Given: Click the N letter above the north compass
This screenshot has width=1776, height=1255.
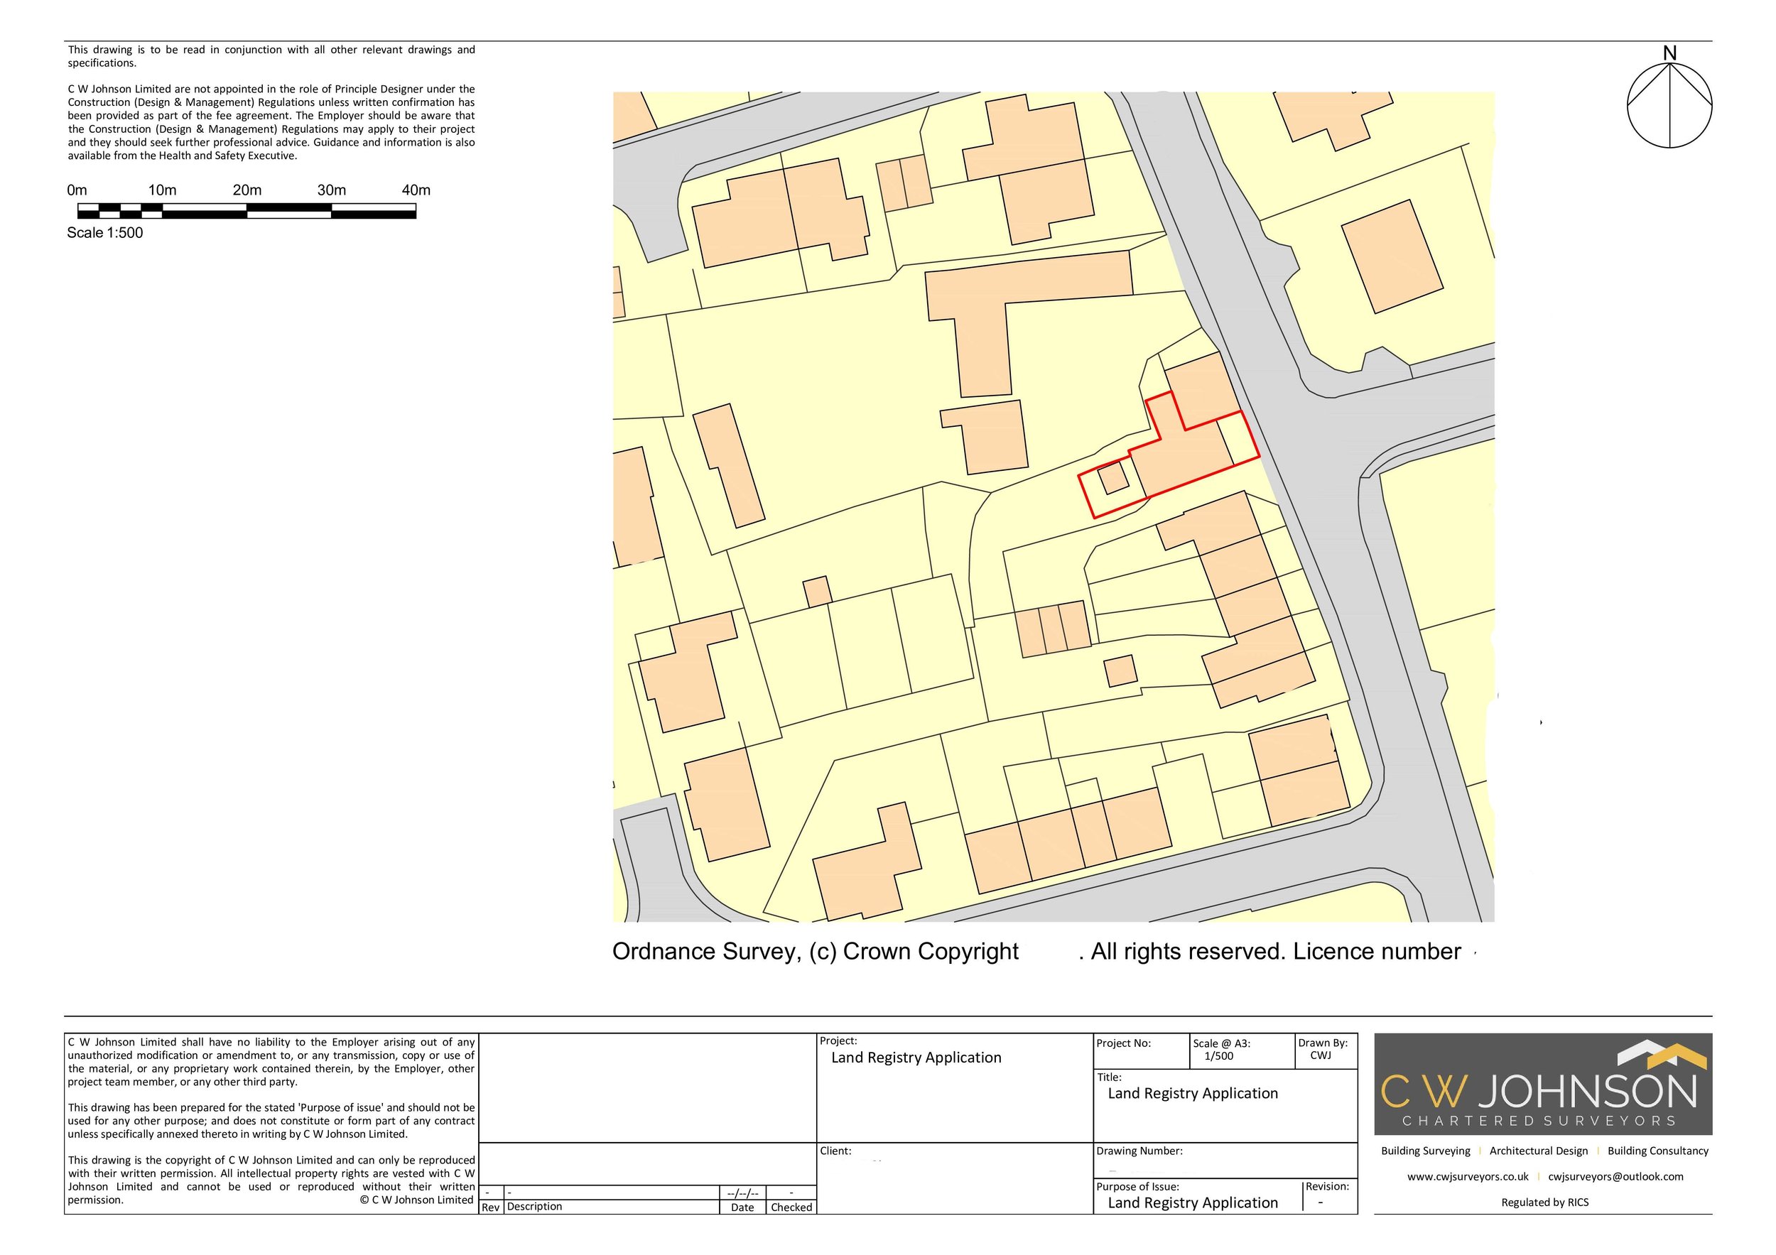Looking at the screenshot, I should [x=1669, y=53].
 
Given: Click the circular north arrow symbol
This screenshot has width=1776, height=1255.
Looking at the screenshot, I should [x=1669, y=106].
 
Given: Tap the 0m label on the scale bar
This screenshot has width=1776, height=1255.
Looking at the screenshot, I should [x=77, y=190].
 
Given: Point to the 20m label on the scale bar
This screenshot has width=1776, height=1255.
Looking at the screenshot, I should [x=247, y=190].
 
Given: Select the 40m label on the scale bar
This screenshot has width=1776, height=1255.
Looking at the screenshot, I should [x=416, y=190].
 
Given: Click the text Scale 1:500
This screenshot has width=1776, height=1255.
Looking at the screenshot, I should [x=104, y=233].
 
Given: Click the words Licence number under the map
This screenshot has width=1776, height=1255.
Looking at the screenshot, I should [x=1377, y=952].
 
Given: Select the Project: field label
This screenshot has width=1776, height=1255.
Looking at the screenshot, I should [x=838, y=1041].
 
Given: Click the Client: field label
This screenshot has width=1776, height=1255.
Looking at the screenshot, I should [x=835, y=1151].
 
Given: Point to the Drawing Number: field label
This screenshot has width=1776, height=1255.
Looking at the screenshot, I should [x=1139, y=1151].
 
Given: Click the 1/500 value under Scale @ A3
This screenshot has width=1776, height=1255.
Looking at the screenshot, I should [x=1218, y=1055].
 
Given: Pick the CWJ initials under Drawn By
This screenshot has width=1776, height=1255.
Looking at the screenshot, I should [x=1321, y=1055].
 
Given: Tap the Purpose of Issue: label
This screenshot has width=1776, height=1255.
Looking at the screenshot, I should [x=1137, y=1186].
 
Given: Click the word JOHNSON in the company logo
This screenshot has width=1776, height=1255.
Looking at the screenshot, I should [x=1587, y=1092].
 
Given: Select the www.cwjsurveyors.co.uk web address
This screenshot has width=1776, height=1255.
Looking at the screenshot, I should [x=1468, y=1176].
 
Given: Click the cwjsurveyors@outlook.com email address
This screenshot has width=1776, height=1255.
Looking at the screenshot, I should [x=1615, y=1176].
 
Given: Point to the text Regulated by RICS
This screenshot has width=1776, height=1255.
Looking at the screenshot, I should [x=1544, y=1202].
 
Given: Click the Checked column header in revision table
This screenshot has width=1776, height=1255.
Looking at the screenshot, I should [x=791, y=1207].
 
